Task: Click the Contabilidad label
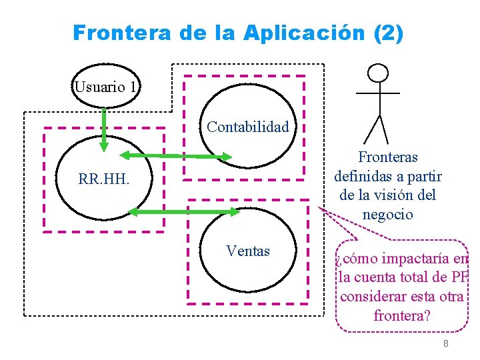(248, 127)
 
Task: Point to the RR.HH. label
(103, 179)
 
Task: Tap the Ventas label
(248, 251)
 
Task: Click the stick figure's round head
(379, 72)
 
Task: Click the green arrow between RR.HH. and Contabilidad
(177, 156)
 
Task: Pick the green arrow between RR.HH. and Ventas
(183, 212)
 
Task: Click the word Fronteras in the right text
(387, 158)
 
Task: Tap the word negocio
(387, 215)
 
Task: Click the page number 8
(445, 343)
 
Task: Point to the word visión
(400, 196)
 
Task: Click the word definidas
(366, 177)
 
